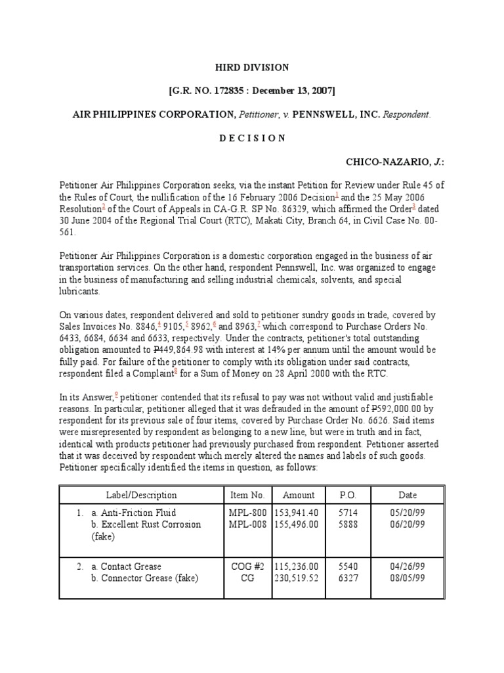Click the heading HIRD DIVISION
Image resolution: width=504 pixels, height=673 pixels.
click(252, 68)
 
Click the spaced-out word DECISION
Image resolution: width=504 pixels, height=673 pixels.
click(252, 138)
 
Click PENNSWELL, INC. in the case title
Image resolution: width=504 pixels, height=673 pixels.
click(336, 114)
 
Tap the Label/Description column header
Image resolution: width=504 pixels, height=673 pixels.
click(141, 495)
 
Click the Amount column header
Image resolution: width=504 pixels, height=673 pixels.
click(298, 495)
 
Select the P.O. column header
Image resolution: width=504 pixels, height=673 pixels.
click(347, 495)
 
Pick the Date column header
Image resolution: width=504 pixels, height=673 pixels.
click(407, 495)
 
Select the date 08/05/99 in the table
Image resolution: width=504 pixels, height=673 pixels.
click(407, 578)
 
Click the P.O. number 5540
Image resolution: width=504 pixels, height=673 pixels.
click(347, 567)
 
